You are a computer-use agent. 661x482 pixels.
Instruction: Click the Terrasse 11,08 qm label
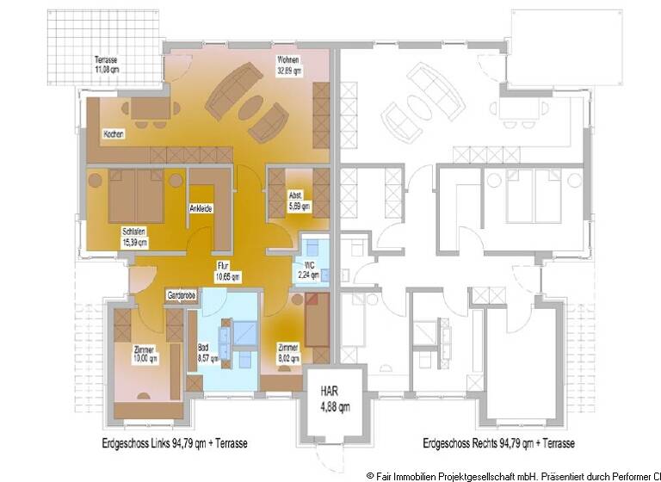(108, 64)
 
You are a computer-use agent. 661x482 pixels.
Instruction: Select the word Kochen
(114, 135)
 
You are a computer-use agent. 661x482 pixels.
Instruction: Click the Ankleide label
(201, 209)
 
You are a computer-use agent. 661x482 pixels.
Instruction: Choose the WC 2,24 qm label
(308, 270)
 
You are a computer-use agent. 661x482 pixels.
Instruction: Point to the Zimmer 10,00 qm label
(145, 354)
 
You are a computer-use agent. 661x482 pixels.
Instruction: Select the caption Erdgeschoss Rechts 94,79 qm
(499, 444)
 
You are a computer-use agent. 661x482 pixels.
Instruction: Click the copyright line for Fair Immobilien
(513, 474)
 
